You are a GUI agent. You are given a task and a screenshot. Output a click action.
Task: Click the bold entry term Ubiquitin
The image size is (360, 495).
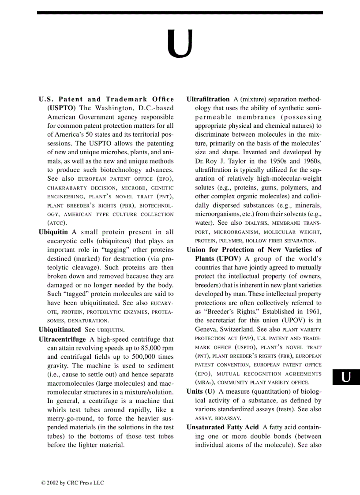pos(53,232)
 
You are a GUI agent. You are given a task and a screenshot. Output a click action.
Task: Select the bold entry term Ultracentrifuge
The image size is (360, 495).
pos(62,339)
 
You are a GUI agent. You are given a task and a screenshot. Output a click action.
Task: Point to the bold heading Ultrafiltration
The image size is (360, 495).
pos(208,100)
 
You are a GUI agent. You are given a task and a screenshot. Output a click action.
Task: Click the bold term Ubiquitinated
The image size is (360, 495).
pos(60,329)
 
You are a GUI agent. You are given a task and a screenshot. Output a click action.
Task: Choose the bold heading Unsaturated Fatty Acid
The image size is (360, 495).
pos(222,428)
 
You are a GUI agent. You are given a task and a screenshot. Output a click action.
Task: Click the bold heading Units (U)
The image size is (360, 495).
pos(201,391)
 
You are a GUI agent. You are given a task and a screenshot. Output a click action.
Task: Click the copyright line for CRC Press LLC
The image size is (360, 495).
pos(73,483)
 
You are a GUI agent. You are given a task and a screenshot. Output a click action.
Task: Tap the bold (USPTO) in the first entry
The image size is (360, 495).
pos(62,108)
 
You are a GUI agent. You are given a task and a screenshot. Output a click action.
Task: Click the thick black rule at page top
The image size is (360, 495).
pos(180,13)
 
